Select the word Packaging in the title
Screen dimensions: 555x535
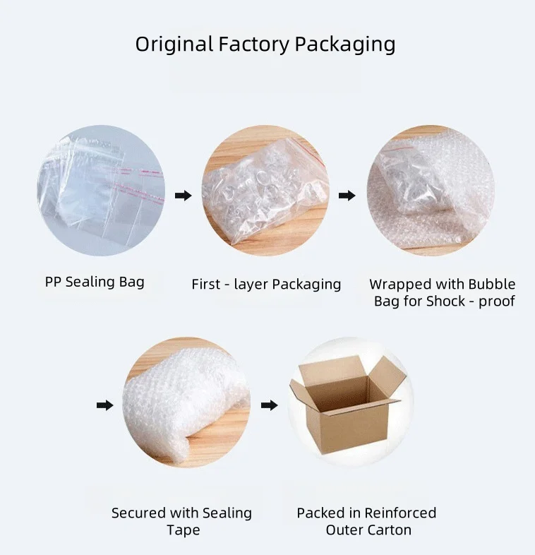[344, 44]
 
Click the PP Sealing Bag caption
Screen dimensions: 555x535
[95, 282]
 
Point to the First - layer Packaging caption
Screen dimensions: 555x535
[266, 285]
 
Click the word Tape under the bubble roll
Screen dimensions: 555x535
[181, 530]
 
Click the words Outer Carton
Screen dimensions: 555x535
[368, 530]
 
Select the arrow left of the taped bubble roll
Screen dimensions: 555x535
[104, 405]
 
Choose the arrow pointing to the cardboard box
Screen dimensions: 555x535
[269, 405]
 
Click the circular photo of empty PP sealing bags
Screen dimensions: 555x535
[101, 191]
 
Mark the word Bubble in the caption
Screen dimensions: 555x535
[492, 285]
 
